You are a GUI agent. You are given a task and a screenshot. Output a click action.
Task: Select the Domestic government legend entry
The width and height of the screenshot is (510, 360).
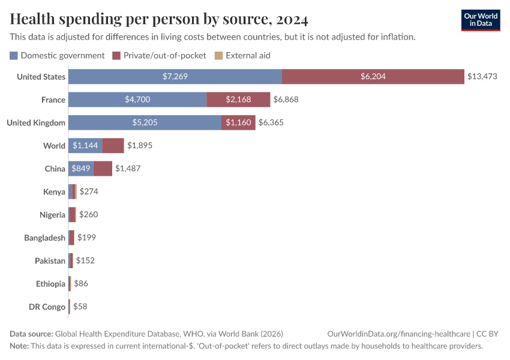click(x=58, y=55)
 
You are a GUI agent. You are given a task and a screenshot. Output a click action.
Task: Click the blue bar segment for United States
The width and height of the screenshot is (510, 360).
click(x=175, y=77)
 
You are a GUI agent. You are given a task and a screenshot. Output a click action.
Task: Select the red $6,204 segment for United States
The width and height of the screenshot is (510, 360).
click(x=373, y=77)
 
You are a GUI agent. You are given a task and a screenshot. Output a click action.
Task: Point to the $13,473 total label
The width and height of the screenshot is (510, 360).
click(x=482, y=77)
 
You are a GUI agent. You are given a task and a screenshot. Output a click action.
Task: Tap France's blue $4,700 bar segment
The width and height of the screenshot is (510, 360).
click(x=137, y=100)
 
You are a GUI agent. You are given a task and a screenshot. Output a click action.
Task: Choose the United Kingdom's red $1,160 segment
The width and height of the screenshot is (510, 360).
click(x=238, y=122)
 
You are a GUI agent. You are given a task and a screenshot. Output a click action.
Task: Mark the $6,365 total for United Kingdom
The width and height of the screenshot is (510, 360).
click(x=271, y=122)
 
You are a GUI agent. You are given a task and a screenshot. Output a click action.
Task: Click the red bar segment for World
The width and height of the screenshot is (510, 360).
click(x=113, y=146)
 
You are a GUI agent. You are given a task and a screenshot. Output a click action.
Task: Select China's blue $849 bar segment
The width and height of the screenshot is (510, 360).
click(x=81, y=169)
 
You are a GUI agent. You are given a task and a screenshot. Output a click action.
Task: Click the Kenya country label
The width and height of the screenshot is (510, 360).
click(x=54, y=192)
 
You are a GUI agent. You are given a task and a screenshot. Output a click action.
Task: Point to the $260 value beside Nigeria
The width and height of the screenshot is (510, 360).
click(x=88, y=215)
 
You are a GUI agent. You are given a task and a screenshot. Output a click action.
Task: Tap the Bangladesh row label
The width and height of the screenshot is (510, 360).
click(x=44, y=238)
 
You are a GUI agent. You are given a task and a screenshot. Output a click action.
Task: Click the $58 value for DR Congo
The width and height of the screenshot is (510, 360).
click(x=80, y=307)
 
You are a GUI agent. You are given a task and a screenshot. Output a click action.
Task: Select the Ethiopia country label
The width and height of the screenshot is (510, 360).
click(x=51, y=284)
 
